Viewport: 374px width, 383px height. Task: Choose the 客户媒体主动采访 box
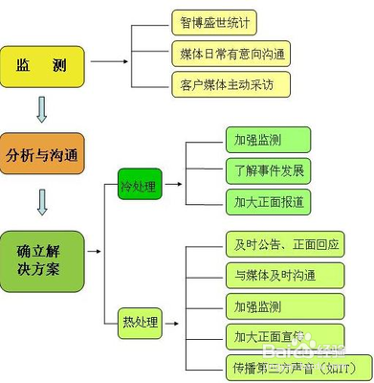point(230,83)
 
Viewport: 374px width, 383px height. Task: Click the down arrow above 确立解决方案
point(41,201)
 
